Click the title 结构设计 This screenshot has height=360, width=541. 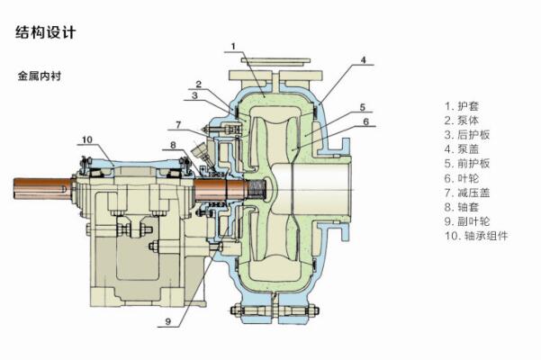point(46,32)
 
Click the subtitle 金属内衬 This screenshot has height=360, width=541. point(38,76)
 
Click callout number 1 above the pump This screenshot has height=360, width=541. point(233,45)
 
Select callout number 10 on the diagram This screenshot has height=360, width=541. point(86,139)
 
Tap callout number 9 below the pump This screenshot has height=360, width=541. point(167,319)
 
